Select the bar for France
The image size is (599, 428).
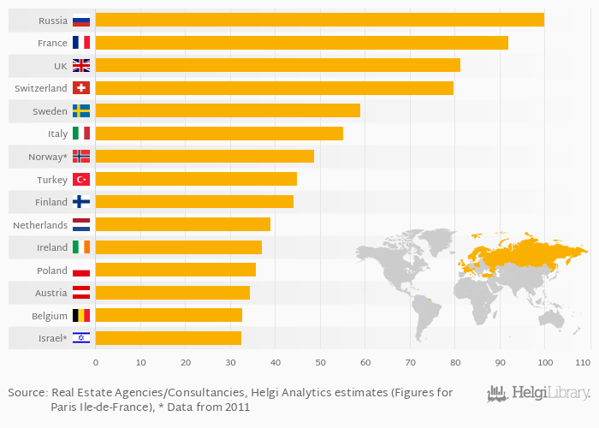tap(301, 43)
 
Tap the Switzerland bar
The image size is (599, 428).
tap(274, 88)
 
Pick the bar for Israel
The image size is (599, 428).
tap(168, 338)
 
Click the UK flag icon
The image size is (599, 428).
tap(81, 65)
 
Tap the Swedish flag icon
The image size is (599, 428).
tap(81, 110)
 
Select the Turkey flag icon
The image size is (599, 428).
tap(81, 179)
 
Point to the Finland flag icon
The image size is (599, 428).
tap(81, 202)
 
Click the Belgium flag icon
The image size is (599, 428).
tap(81, 315)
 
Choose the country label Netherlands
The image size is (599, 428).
tap(40, 225)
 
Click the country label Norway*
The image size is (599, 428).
tap(48, 157)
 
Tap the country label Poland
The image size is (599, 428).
tap(52, 270)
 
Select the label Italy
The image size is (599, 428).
tap(57, 134)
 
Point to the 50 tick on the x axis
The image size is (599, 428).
tap(320, 362)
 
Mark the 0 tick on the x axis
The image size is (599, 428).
tap(96, 362)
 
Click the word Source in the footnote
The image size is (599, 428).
tap(27, 393)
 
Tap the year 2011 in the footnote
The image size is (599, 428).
tap(235, 407)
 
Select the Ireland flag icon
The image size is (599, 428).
tap(81, 247)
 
